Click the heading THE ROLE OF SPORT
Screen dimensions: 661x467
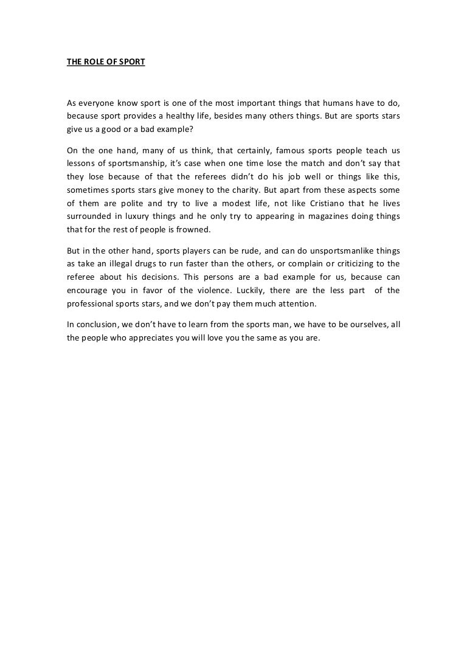106,61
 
